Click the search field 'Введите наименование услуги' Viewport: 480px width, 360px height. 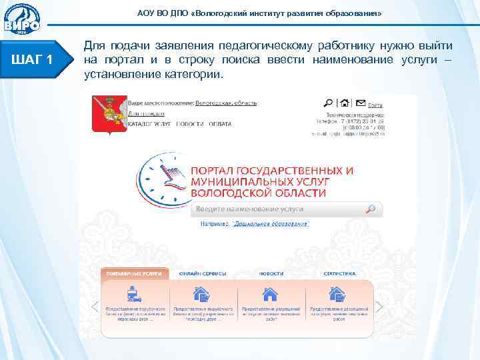pos(280,209)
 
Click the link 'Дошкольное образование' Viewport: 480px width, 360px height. pos(271,225)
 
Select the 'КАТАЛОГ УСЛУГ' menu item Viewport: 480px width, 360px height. pos(151,124)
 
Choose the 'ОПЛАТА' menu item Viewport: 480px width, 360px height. pos(219,124)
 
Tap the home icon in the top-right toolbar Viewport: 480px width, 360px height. pos(344,103)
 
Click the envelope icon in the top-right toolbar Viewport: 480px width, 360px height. pos(360,103)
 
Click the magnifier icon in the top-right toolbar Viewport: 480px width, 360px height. pos(328,103)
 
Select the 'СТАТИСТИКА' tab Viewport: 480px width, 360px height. pos(340,273)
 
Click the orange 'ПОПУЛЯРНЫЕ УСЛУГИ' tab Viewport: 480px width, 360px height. pos(133,273)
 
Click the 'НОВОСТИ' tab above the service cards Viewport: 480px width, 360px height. pos(271,273)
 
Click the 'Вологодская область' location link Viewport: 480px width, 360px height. pos(226,103)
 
